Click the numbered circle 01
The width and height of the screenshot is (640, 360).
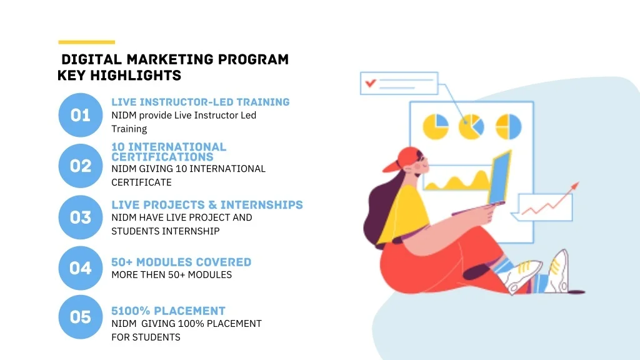tap(81, 115)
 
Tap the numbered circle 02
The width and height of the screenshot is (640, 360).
tap(81, 166)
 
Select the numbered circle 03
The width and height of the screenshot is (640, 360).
tap(81, 217)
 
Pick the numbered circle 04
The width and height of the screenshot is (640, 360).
tap(81, 268)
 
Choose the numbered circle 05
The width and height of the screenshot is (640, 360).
tap(81, 317)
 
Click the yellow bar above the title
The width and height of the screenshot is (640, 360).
tap(86, 42)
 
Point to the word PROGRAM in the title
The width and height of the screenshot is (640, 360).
tap(253, 59)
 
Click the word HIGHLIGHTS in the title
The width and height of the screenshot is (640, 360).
tap(136, 76)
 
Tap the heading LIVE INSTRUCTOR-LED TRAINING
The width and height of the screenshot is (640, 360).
tap(201, 102)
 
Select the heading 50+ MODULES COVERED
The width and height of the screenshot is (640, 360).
tap(181, 262)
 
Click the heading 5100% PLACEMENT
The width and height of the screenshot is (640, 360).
tap(168, 311)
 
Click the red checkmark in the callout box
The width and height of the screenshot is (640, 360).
tap(371, 83)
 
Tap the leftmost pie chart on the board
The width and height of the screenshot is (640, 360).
tap(436, 126)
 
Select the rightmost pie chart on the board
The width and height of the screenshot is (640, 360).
tap(509, 126)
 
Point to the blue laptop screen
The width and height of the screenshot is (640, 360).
tap(500, 177)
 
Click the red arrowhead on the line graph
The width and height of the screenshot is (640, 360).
tap(575, 186)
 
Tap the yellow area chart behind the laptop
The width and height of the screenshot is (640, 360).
tap(457, 181)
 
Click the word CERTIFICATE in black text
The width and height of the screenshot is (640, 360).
tap(142, 182)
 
